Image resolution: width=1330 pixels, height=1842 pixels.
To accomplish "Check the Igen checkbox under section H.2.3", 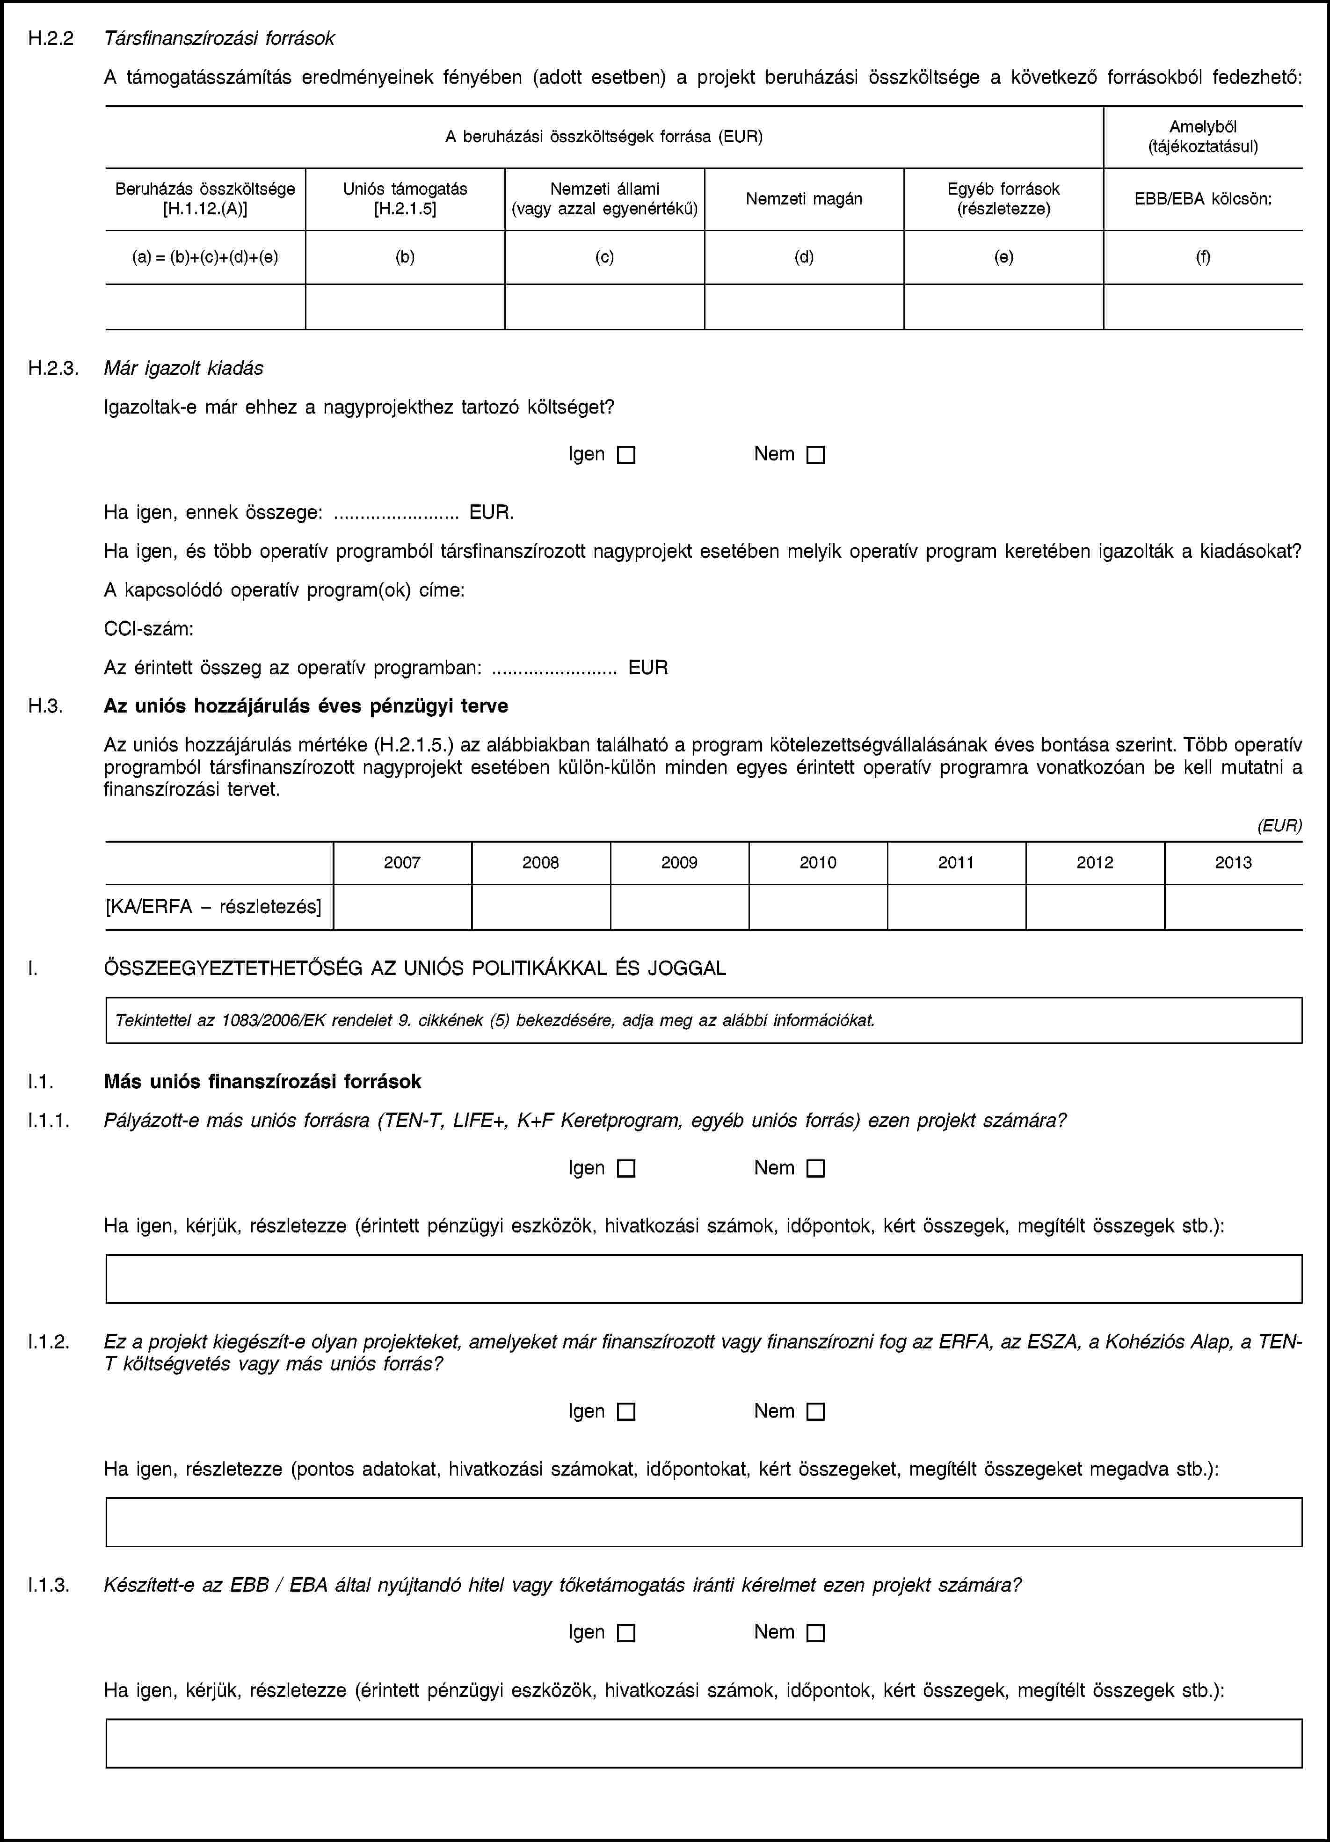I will (626, 456).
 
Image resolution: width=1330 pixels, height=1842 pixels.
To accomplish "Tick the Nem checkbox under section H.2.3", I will (816, 456).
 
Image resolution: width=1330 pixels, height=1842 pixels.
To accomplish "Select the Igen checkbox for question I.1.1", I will (626, 1169).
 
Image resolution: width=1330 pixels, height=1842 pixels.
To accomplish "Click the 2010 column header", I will (818, 863).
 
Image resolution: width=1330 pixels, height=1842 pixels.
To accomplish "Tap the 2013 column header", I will (1233, 863).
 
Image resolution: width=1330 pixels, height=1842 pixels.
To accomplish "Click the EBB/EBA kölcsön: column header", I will (1203, 199).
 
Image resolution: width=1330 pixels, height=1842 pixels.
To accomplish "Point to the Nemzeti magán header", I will (804, 199).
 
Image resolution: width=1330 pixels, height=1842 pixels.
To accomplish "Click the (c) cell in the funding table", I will (604, 257).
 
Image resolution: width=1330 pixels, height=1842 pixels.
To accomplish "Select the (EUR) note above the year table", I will (1279, 826).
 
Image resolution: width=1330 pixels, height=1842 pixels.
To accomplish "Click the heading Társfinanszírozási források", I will (219, 38).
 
